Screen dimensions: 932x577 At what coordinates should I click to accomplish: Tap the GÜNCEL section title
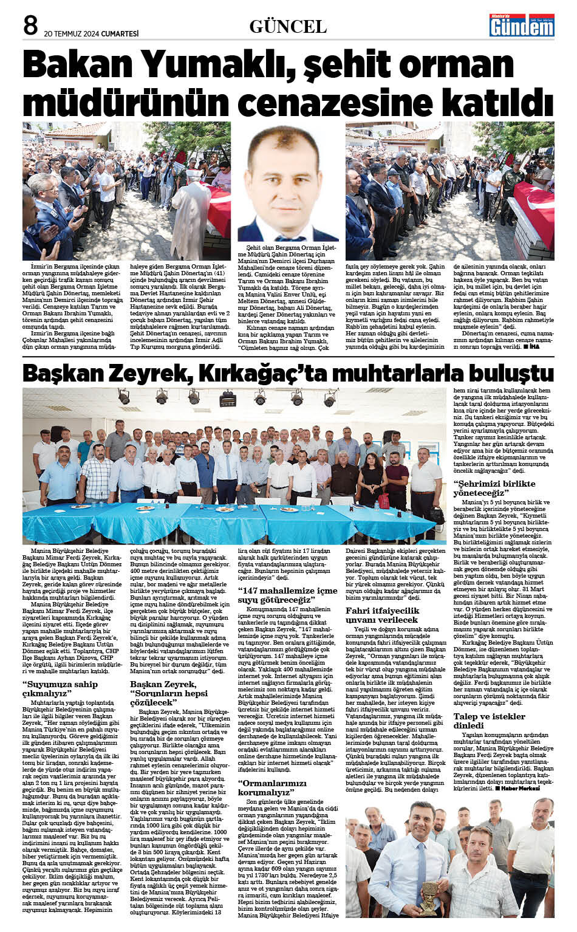click(x=288, y=26)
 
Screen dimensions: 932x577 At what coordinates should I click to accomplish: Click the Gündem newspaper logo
click(x=522, y=25)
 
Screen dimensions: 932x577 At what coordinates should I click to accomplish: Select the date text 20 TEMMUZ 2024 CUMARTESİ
click(x=91, y=33)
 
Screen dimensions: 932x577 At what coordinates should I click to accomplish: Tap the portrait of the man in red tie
click(x=288, y=185)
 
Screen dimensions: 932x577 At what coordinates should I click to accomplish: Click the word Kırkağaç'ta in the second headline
click(x=267, y=372)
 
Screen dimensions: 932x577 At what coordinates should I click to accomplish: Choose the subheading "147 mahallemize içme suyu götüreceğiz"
click(x=287, y=595)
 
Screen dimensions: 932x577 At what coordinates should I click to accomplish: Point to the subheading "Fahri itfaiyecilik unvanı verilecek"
click(x=382, y=615)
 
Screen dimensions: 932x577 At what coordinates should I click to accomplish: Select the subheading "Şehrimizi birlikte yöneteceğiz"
click(x=494, y=488)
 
